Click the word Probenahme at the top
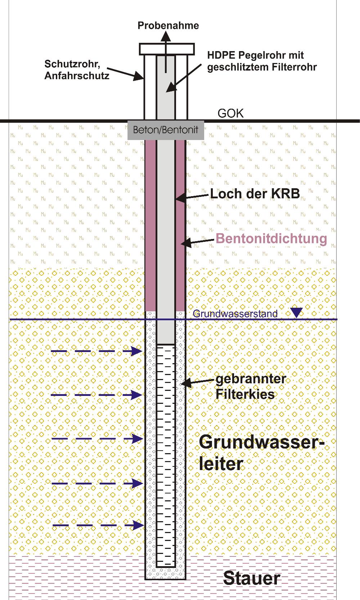[168, 26]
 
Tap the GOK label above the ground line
[231, 113]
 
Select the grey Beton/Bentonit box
[166, 130]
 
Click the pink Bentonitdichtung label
[271, 239]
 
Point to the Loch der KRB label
[255, 194]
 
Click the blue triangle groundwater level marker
[297, 312]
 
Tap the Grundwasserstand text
[235, 313]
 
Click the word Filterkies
[245, 394]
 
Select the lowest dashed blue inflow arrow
[98, 525]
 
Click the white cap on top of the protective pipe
[167, 49]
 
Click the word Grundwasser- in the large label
[262, 442]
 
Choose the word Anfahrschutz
[77, 76]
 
